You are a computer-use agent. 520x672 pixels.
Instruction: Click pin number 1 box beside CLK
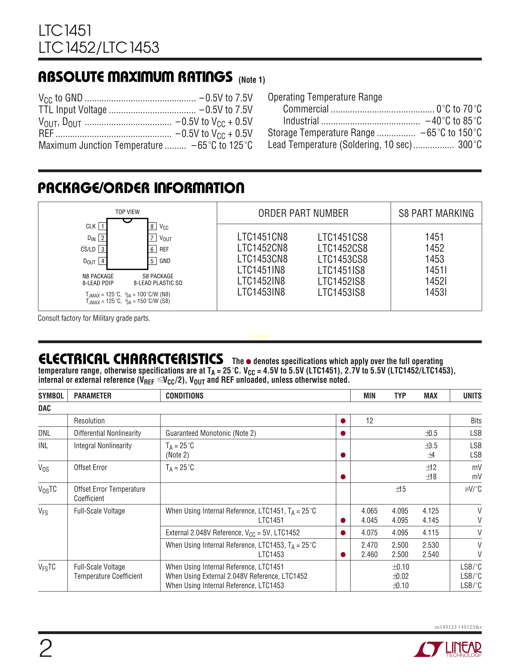pos(102,226)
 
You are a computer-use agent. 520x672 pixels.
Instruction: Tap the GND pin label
pos(165,261)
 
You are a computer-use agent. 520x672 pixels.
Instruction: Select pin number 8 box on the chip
pos(152,226)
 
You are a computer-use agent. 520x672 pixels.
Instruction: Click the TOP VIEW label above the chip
pos(127,212)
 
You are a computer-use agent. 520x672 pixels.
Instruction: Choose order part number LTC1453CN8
pos(262,259)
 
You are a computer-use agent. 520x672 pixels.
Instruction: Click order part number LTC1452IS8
pos(341,281)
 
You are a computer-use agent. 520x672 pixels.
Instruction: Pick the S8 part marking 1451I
pos(436,270)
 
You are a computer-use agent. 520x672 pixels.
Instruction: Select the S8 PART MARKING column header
pos(436,213)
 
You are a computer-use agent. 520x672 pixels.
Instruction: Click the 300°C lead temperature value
pos(469,145)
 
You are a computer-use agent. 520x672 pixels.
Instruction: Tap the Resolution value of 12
pos(369,421)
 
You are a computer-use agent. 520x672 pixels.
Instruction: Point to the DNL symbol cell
pos(45,433)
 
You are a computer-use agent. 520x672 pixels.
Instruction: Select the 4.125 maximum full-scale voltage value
pos(430,511)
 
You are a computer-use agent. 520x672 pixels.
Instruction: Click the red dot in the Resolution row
pos(343,421)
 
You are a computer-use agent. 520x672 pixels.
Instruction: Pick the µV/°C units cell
pos(473,489)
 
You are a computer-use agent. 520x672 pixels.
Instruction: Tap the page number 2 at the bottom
pos(46,649)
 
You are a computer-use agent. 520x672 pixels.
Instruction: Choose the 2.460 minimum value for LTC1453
pos(369,555)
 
